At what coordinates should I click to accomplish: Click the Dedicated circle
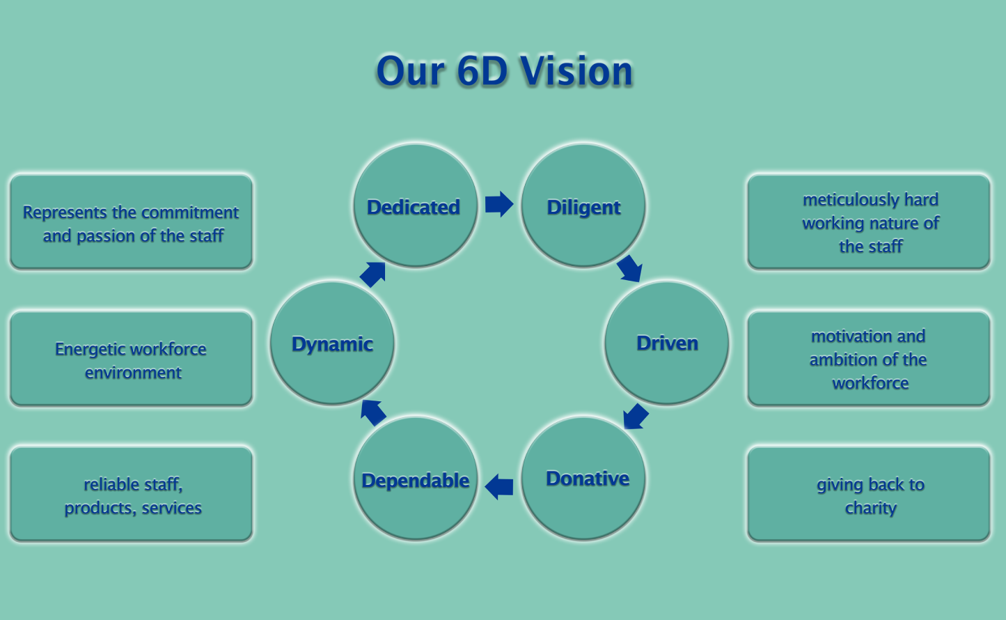[x=416, y=206]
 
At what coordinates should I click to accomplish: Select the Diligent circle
[x=583, y=206]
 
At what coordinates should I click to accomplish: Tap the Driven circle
[x=666, y=343]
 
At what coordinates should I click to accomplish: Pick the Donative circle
[x=583, y=479]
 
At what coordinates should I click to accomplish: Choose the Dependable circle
[x=416, y=479]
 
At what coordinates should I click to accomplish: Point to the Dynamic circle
[x=332, y=343]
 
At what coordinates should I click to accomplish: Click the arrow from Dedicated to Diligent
[x=499, y=204]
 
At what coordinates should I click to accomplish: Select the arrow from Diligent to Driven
[x=629, y=269]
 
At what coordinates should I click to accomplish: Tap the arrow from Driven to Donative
[x=636, y=417]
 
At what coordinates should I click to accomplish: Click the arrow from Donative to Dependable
[x=499, y=486]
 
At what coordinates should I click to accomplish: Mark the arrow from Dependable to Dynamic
[x=373, y=412]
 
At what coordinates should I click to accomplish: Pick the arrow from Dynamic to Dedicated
[x=372, y=274]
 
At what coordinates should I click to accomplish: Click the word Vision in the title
[x=576, y=71]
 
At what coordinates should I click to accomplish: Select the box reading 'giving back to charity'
[x=869, y=494]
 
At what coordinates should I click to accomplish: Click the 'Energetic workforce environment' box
[x=131, y=359]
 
